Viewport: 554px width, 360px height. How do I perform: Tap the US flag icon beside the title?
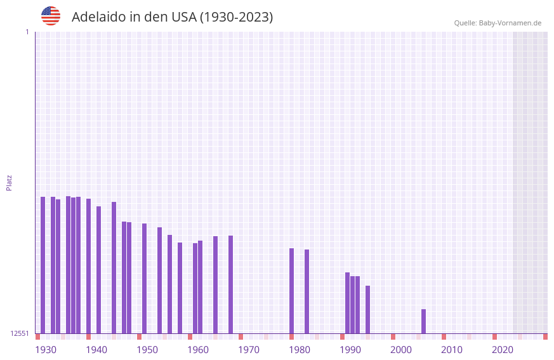coord(51,16)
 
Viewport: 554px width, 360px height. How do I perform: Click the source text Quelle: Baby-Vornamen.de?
coord(498,23)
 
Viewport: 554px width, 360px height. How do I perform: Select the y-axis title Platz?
coord(9,182)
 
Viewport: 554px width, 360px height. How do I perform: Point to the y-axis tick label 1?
coord(27,32)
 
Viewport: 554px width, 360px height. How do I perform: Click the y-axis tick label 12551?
coord(20,333)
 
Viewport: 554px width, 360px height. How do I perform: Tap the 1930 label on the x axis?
coord(46,350)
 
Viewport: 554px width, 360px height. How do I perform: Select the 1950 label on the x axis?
coord(147,350)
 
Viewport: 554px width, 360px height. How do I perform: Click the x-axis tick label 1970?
coord(249,350)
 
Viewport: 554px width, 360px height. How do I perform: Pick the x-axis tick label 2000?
coord(401,350)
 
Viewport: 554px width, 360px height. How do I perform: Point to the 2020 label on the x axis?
coord(503,350)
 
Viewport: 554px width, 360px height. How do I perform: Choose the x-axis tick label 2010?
coord(452,350)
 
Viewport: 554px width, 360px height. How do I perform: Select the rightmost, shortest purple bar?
coord(423,321)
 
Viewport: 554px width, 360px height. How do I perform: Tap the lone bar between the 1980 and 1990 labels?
coord(307,291)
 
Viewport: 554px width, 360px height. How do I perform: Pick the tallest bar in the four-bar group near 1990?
coord(347,303)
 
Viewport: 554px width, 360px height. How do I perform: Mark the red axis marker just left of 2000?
coord(393,337)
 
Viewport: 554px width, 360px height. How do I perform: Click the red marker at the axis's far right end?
coord(545,337)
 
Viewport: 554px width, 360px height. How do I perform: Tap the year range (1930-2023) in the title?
coord(236,17)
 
